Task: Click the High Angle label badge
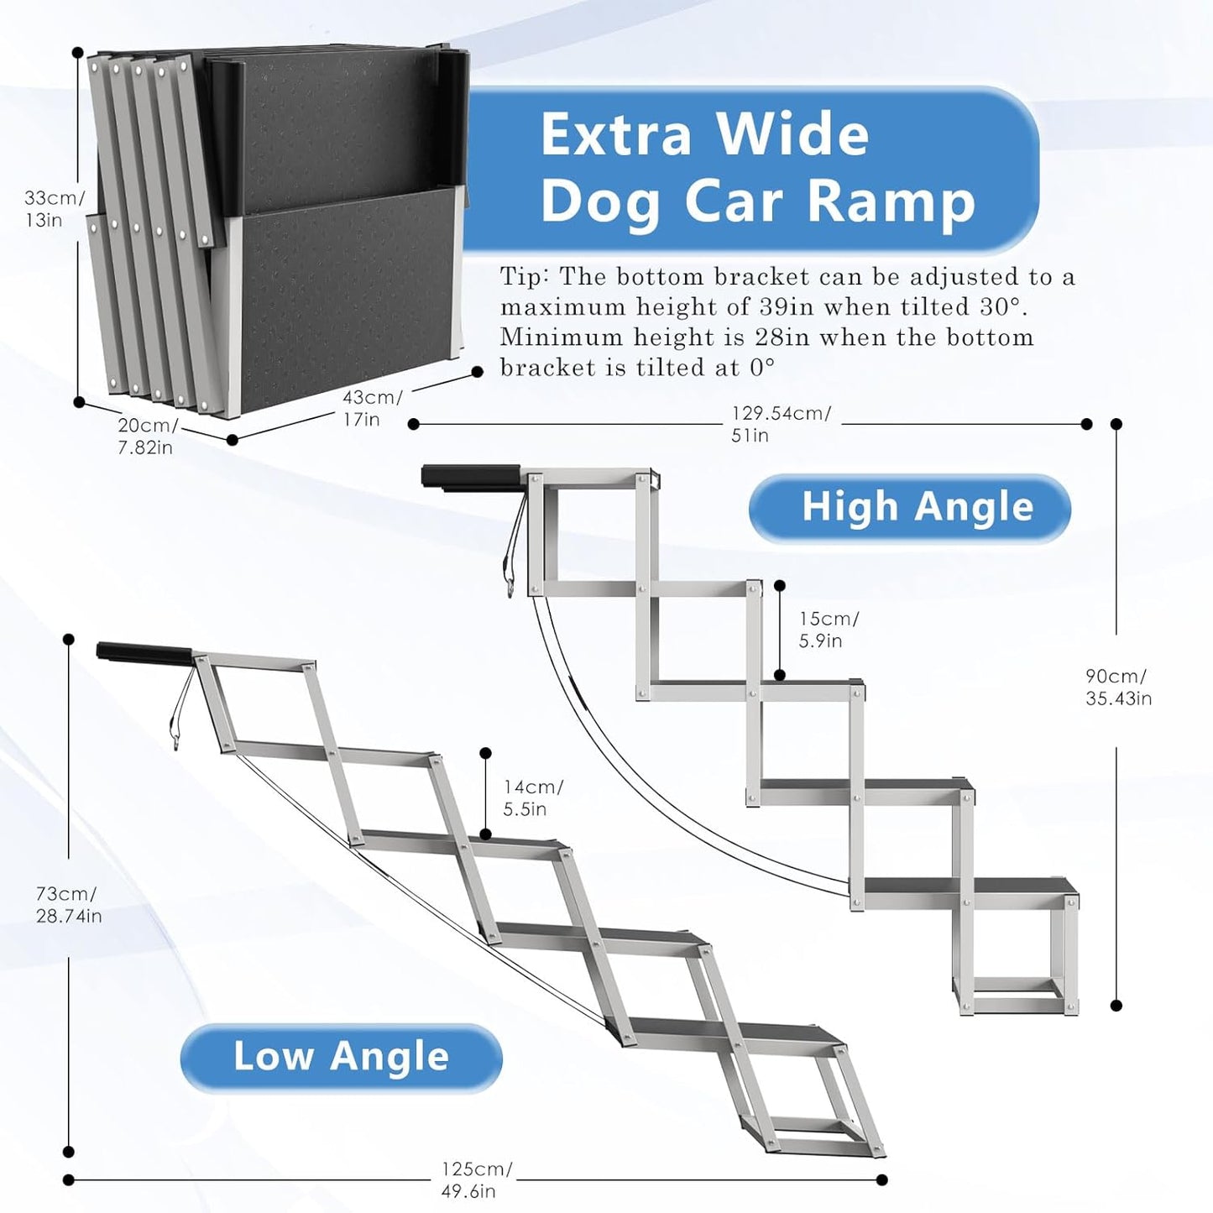point(909,508)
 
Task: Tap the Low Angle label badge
point(341,1057)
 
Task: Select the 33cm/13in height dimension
point(54,209)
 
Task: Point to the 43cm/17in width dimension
point(370,408)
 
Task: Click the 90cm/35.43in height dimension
point(1117,688)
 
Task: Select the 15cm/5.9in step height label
point(828,630)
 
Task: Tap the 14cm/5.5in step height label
point(532,797)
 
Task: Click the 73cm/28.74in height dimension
point(67,904)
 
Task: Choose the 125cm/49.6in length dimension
point(476,1179)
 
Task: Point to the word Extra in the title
point(615,134)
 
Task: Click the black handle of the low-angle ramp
point(144,653)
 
